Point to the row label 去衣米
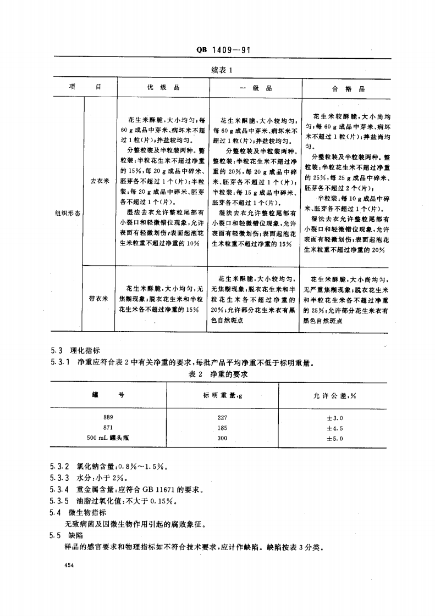pyautogui.click(x=100, y=180)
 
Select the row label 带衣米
pyautogui.click(x=98, y=299)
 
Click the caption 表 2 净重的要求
pyautogui.click(x=219, y=374)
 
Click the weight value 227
pyautogui.click(x=222, y=417)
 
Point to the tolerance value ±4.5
pyautogui.click(x=335, y=428)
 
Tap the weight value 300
pyautogui.click(x=222, y=438)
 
